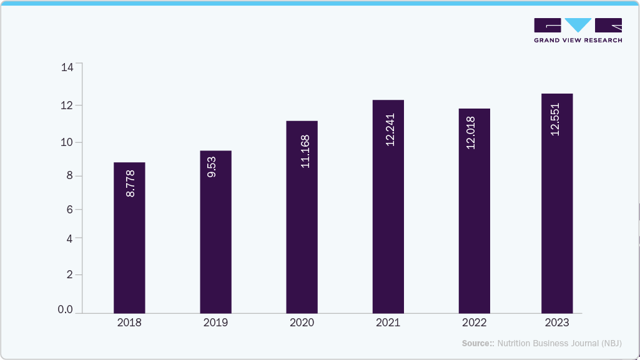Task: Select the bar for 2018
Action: (x=129, y=250)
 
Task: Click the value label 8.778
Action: (x=130, y=183)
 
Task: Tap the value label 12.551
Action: (x=554, y=119)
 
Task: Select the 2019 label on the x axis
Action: (x=215, y=323)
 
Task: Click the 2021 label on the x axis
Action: (x=388, y=323)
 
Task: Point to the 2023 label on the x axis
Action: (x=556, y=323)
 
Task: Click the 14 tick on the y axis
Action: (x=67, y=67)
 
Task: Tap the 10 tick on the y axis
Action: (x=67, y=142)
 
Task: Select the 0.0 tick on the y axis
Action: (x=65, y=310)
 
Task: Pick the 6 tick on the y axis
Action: (x=70, y=210)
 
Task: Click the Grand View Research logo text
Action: (x=578, y=41)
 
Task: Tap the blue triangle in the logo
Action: (x=578, y=25)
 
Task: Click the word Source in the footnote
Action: (x=476, y=343)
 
